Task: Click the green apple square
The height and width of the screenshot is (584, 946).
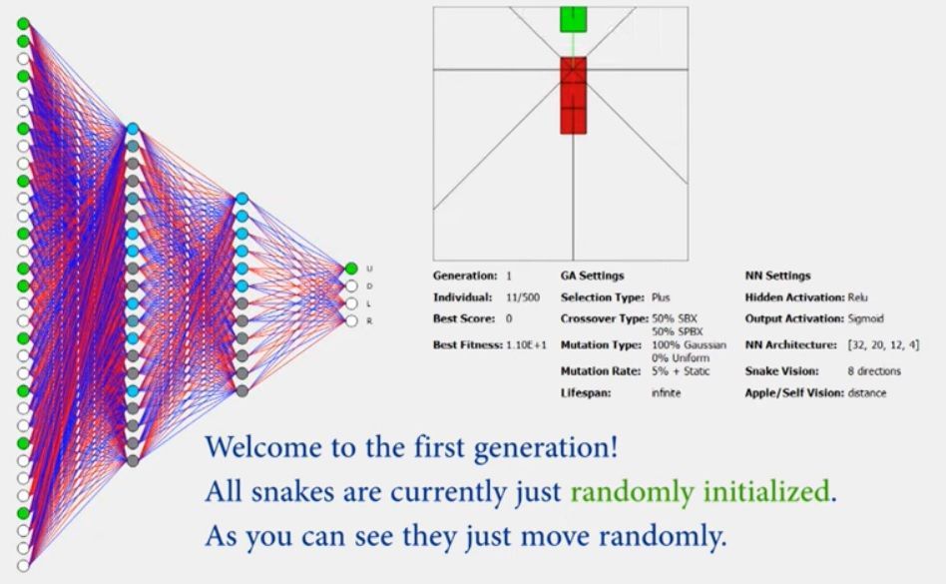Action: coord(573,19)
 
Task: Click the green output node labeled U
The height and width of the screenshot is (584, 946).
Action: coord(351,269)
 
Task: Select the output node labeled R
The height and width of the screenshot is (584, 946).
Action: coord(351,321)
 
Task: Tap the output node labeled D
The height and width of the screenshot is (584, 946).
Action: coord(351,286)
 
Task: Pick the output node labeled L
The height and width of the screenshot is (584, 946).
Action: coord(351,303)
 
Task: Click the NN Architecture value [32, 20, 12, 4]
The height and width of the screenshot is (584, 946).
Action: coord(883,345)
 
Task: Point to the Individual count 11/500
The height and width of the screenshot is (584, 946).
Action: coord(523,297)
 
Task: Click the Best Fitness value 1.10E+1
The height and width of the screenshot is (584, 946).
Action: coord(526,345)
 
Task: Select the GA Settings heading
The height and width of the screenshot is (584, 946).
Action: coord(592,276)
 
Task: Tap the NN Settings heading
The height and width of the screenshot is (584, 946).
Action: coord(777,276)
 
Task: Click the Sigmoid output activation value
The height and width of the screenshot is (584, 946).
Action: coord(866,318)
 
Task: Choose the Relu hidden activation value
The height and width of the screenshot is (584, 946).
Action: coord(857,297)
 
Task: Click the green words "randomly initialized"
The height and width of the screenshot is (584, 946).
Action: coord(700,492)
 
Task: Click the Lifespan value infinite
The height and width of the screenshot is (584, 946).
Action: coord(666,392)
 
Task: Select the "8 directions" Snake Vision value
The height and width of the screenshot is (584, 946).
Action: coord(873,371)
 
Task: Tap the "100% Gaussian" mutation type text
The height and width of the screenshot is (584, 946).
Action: coord(689,345)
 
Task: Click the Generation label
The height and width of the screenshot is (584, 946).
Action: coord(465,276)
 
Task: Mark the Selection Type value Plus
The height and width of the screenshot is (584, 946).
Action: coord(661,297)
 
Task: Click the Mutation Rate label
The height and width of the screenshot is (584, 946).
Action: coord(601,371)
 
